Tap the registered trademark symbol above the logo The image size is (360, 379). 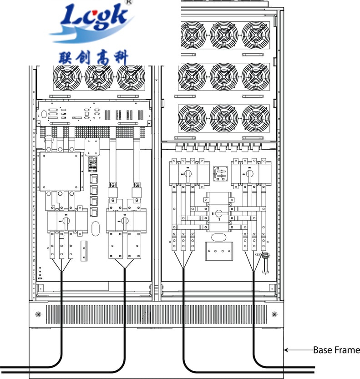[x=129, y=2]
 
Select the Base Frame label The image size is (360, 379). [x=336, y=350]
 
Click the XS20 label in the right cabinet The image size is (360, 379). [x=259, y=255]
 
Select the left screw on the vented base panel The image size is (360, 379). [x=38, y=314]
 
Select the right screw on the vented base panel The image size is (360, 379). [x=274, y=314]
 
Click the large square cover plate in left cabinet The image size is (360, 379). [x=61, y=172]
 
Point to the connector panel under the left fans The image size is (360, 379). [x=94, y=114]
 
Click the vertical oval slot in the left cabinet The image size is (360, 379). [x=96, y=228]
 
